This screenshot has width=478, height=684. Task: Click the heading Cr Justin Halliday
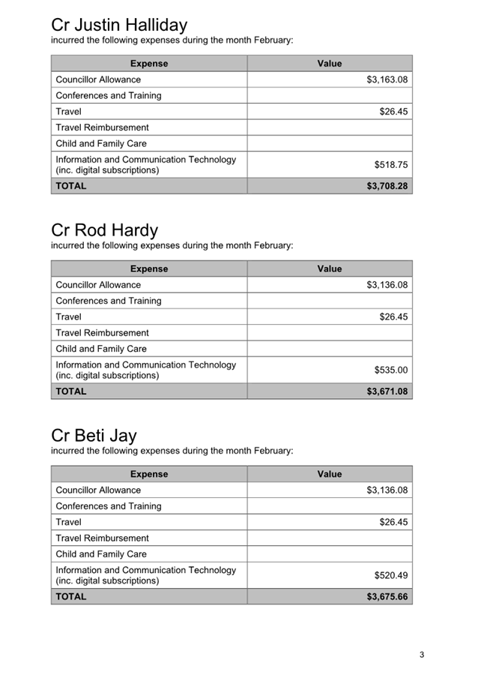coord(119,25)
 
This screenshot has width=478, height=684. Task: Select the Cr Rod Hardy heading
coord(104,230)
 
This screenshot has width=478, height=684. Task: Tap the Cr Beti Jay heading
coord(94,435)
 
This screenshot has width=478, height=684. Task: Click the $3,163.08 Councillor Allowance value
coord(387,79)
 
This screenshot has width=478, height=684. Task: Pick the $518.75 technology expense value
coord(390,164)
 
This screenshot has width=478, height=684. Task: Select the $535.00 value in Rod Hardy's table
coord(390,370)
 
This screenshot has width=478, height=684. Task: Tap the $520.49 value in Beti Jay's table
coord(390,575)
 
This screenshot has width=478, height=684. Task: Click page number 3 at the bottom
coord(422,655)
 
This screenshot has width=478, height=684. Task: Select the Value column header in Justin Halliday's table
coord(329,64)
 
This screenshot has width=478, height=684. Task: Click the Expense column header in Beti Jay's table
coord(149,474)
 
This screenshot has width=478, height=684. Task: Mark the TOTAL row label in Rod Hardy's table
coord(71,391)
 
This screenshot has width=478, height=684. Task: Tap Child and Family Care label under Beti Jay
coord(101,554)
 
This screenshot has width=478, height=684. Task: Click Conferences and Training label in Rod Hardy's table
coord(109,301)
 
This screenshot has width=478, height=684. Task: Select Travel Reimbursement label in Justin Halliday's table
coord(102,127)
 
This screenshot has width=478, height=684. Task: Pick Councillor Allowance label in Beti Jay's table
coord(98,490)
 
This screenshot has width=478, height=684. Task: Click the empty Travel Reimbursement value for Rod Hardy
coord(330,333)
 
